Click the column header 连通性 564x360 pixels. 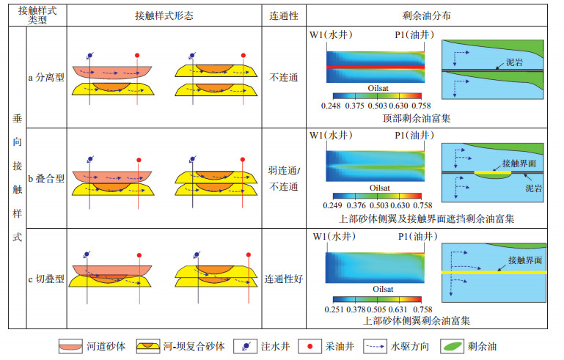click(284, 15)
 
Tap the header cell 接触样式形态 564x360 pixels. click(164, 15)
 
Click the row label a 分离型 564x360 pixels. click(45, 77)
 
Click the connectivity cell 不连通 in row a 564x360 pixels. click(284, 78)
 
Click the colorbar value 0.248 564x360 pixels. click(333, 106)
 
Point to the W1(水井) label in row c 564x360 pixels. click(334, 237)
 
